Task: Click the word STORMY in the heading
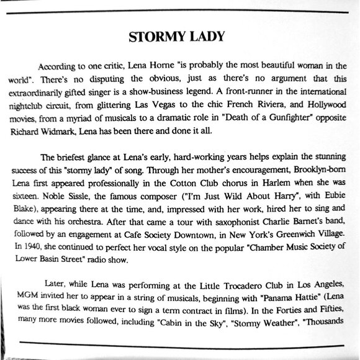pos(154,37)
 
